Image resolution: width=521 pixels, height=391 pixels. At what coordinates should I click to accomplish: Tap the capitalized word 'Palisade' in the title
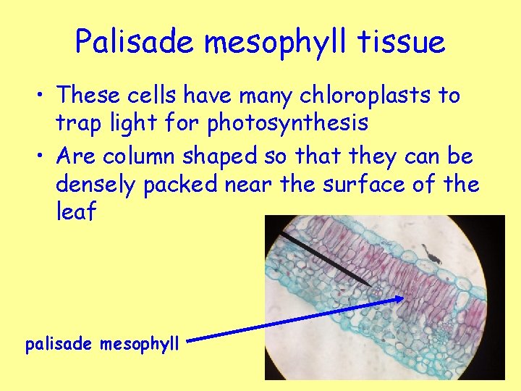coord(135,42)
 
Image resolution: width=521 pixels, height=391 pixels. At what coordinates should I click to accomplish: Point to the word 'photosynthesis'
coord(287,123)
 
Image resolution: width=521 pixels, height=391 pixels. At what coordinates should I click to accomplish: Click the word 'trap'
coord(77,123)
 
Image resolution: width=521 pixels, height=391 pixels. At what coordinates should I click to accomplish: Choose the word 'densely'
coord(96,185)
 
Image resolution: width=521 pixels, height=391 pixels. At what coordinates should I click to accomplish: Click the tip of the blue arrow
coord(402,297)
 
